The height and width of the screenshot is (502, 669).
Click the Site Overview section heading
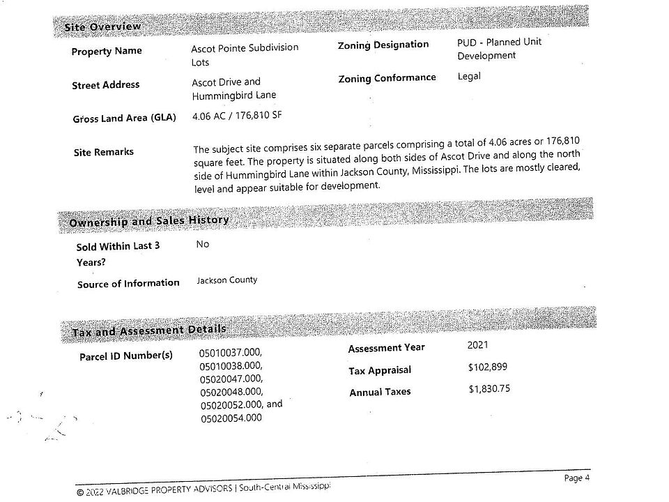click(x=102, y=27)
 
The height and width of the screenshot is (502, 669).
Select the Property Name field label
click(x=107, y=51)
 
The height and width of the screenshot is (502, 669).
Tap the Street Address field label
click(x=105, y=85)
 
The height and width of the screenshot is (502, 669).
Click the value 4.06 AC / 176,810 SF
click(x=237, y=116)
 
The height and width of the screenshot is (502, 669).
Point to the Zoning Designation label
click(x=383, y=45)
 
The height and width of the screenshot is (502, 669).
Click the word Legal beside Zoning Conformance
click(x=469, y=76)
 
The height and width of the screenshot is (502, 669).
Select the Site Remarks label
click(x=103, y=152)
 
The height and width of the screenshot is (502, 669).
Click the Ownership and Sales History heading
click(x=149, y=221)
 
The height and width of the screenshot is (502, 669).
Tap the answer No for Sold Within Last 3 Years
click(x=203, y=245)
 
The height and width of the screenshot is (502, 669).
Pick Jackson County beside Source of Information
click(x=227, y=280)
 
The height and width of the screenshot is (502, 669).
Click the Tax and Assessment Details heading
click(x=149, y=330)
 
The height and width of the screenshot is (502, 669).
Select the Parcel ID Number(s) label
click(x=126, y=356)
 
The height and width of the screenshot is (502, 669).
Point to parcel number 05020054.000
click(x=231, y=418)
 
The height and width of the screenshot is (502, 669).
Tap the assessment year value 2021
click(x=478, y=344)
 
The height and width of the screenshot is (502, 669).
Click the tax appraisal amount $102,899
click(x=489, y=367)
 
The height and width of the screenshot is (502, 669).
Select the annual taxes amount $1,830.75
click(x=489, y=388)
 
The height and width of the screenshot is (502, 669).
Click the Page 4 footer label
click(x=577, y=478)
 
